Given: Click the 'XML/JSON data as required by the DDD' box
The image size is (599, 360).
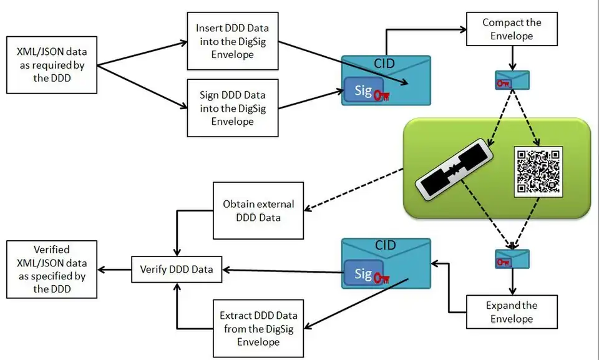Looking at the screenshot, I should (51, 65).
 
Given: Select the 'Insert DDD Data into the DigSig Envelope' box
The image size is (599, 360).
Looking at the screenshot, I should (232, 42).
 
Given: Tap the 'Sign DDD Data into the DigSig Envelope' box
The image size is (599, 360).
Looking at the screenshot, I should (232, 108).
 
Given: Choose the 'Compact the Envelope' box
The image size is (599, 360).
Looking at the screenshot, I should (512, 29).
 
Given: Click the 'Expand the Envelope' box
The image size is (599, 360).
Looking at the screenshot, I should (512, 312).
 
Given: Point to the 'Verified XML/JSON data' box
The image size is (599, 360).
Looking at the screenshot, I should (51, 269).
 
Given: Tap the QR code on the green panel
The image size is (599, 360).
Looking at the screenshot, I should (537, 172).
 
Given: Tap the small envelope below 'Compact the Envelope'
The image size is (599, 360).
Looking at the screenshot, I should (512, 80).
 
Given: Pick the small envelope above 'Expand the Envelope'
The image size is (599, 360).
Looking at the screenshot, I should (512, 258).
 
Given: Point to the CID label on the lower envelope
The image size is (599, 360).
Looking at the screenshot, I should (385, 245).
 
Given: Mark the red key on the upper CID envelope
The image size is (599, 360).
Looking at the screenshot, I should (382, 95).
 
